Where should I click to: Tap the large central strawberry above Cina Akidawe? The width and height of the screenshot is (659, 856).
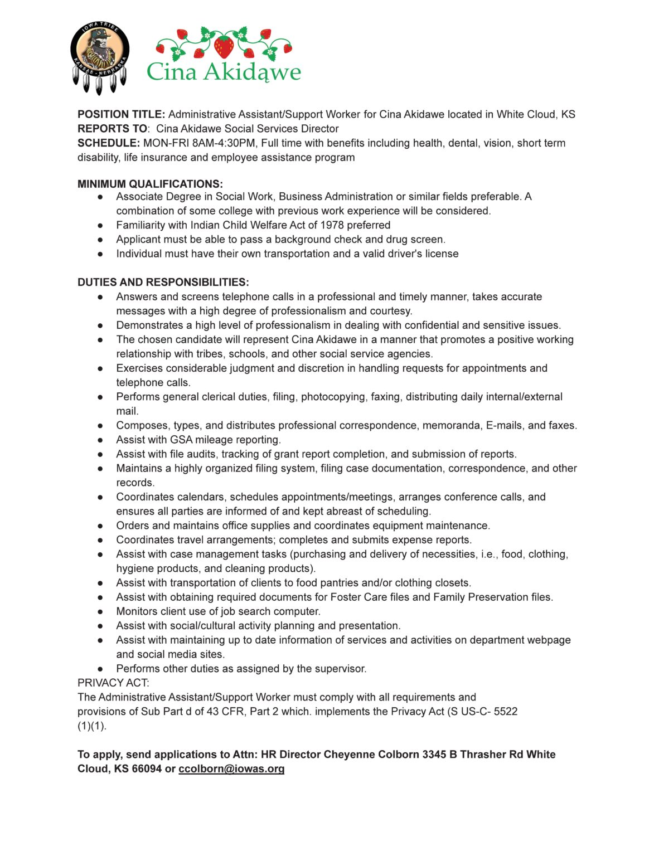click(x=224, y=46)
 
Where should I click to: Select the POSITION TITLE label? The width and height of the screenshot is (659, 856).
click(x=121, y=114)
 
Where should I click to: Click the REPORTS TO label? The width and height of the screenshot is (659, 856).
click(x=112, y=129)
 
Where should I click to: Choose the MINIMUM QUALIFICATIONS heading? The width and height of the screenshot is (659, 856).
click(x=150, y=184)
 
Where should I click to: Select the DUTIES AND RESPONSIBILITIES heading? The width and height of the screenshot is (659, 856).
click(x=163, y=282)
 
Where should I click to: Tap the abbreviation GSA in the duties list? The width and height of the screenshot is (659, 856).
click(x=181, y=440)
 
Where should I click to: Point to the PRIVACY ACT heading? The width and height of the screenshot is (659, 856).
click(x=113, y=683)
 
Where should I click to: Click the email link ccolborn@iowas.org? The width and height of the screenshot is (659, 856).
click(x=231, y=769)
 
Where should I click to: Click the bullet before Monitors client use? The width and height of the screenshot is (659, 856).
click(x=100, y=611)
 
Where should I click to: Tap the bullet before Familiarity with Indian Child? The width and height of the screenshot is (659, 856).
click(x=100, y=225)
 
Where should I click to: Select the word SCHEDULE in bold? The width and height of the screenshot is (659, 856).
click(x=108, y=143)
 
